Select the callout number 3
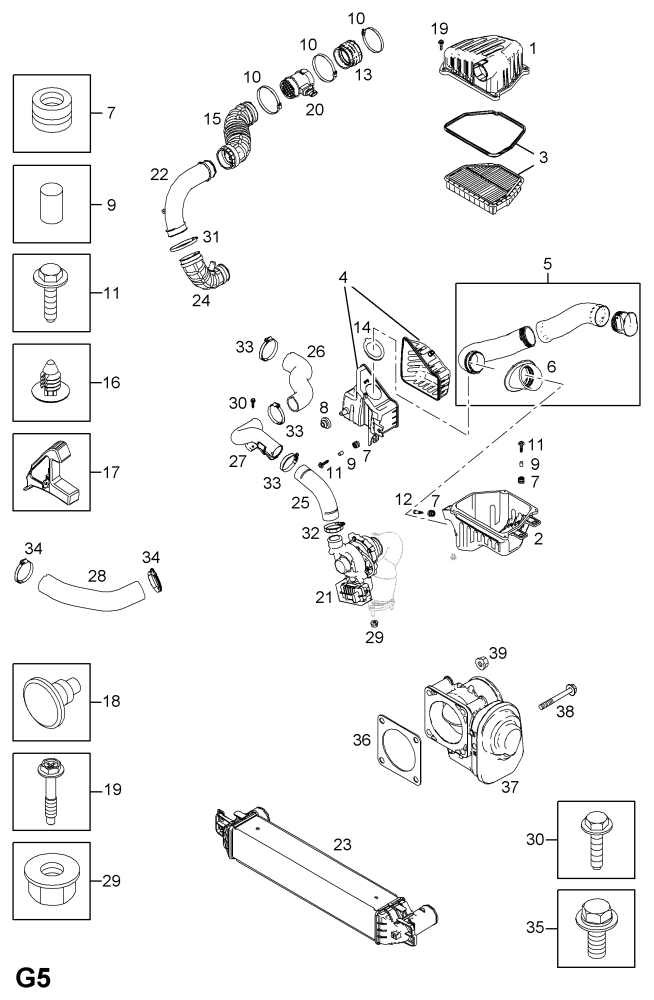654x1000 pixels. pyautogui.click(x=543, y=159)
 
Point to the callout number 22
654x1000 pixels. pyautogui.click(x=159, y=174)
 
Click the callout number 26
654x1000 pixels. pyautogui.click(x=316, y=351)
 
